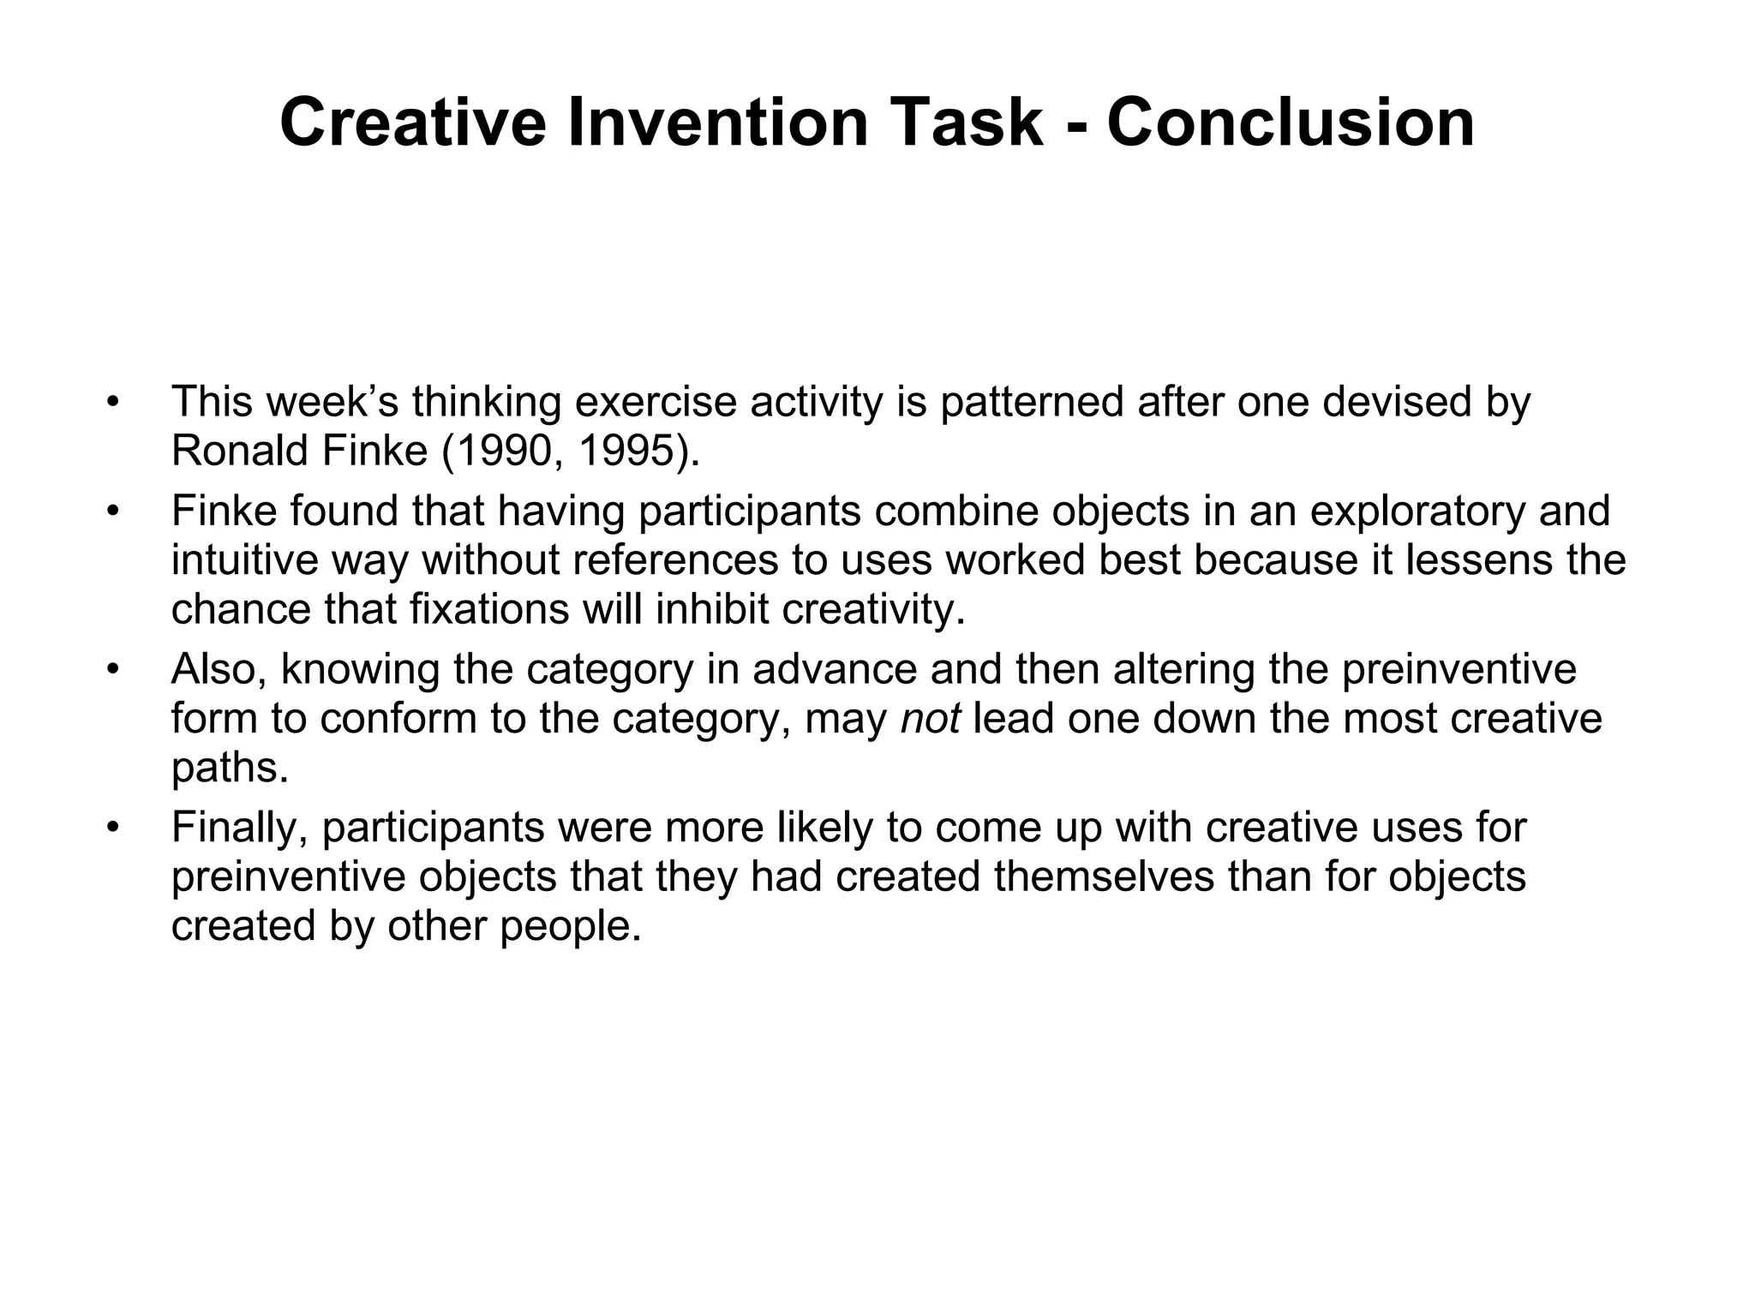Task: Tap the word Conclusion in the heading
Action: click(x=1291, y=123)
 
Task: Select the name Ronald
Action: click(x=240, y=451)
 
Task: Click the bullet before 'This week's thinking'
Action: click(x=111, y=402)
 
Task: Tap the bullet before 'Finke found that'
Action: click(x=111, y=511)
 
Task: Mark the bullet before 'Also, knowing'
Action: click(x=111, y=669)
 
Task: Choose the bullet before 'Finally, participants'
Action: click(x=111, y=828)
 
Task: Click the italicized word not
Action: click(x=931, y=718)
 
